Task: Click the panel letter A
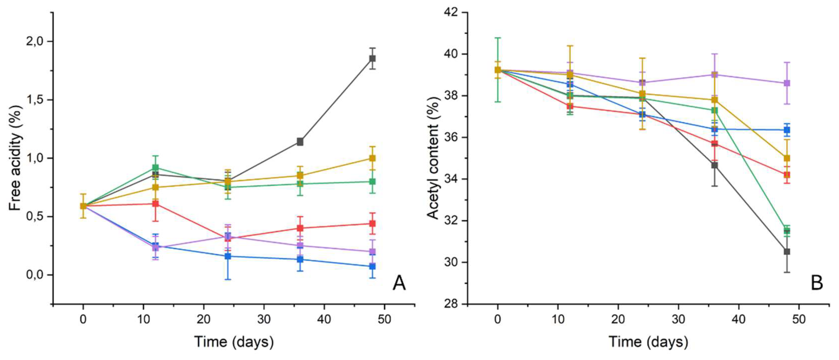point(399,283)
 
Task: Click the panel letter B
point(817,283)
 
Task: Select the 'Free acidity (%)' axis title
point(16,158)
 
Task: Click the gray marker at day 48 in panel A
point(372,59)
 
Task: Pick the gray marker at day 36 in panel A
point(300,142)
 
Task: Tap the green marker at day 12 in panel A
point(156,168)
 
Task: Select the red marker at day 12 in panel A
point(156,204)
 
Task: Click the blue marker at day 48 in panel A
point(372,267)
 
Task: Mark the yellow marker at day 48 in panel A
point(372,158)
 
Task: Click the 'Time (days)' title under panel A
point(234,342)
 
